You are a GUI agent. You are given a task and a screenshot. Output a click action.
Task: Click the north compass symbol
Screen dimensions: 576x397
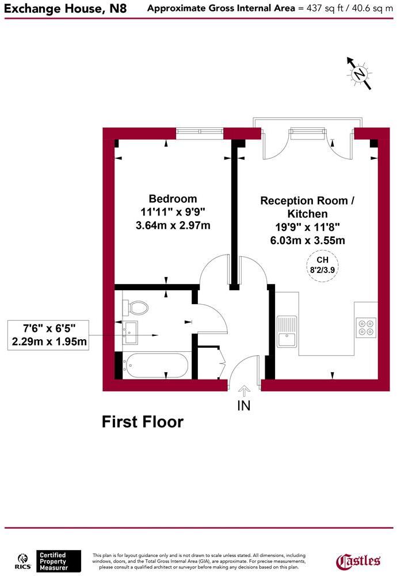(x=360, y=74)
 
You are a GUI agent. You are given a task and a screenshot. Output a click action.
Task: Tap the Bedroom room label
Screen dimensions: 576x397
(x=173, y=199)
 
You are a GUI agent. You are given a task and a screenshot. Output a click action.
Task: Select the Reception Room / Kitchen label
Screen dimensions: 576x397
(x=308, y=207)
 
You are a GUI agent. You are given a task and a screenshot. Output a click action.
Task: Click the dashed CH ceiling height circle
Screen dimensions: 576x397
(x=322, y=267)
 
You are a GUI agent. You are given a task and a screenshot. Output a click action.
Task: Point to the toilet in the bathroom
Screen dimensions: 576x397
(x=137, y=307)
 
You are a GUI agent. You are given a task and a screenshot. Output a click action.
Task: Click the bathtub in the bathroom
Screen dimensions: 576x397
(x=156, y=365)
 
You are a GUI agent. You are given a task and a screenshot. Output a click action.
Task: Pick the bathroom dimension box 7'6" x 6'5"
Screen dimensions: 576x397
(x=49, y=335)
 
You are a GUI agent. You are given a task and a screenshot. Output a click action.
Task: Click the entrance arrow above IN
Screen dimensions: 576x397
(x=244, y=391)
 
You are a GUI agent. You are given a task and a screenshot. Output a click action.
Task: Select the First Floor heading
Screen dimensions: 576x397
(x=143, y=422)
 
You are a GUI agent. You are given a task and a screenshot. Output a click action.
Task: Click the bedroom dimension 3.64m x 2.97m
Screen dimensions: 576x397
(x=173, y=225)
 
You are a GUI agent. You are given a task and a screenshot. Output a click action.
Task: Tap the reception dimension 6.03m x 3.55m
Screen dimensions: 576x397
(x=308, y=240)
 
